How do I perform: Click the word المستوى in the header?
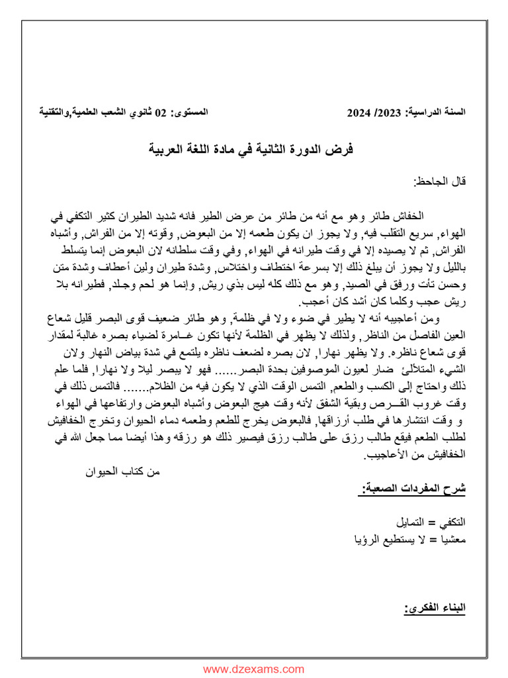190,113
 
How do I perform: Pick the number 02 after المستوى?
161,113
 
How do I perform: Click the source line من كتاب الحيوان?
124,471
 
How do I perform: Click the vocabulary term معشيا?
452,538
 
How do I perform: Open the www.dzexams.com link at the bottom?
254,669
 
